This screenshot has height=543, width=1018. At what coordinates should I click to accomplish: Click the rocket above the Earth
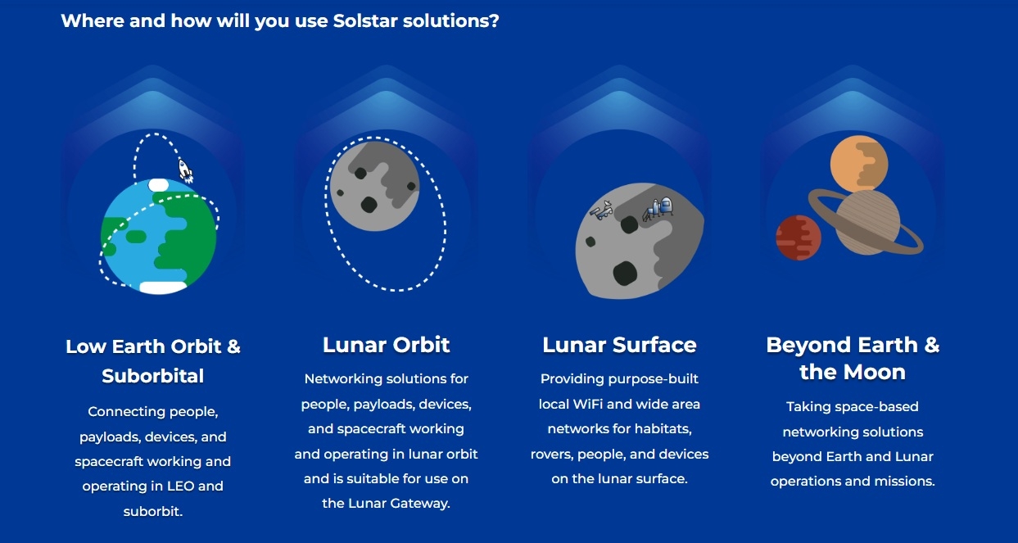coord(185,170)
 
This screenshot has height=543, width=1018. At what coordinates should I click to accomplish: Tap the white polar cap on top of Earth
coord(158,185)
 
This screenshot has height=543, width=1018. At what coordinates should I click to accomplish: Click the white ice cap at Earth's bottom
coord(163,287)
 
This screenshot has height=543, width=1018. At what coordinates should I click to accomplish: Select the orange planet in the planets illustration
coord(859,164)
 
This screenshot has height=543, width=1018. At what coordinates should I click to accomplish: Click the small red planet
coord(799,238)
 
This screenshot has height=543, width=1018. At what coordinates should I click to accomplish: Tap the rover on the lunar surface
coord(601,210)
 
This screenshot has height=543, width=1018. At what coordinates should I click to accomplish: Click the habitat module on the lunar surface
coord(658,209)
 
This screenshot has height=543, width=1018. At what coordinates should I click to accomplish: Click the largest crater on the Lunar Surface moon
coord(625,274)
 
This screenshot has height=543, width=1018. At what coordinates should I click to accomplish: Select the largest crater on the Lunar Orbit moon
coord(369,205)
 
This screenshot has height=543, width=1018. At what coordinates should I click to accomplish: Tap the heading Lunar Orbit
coord(386,345)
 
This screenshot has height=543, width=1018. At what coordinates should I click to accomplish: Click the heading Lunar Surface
coord(619,345)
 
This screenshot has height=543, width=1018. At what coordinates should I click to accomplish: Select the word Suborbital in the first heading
coord(152,376)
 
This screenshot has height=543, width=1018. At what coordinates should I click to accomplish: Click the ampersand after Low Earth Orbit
coord(233,346)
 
